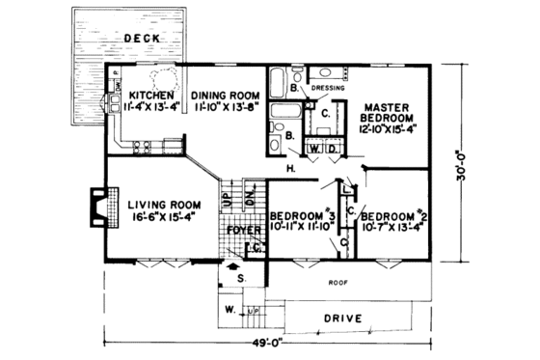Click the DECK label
(x=141, y=39)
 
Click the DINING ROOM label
(x=226, y=96)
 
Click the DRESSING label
(x=331, y=89)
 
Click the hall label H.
(x=290, y=170)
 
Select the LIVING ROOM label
(x=163, y=205)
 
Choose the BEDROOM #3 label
(x=302, y=214)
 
